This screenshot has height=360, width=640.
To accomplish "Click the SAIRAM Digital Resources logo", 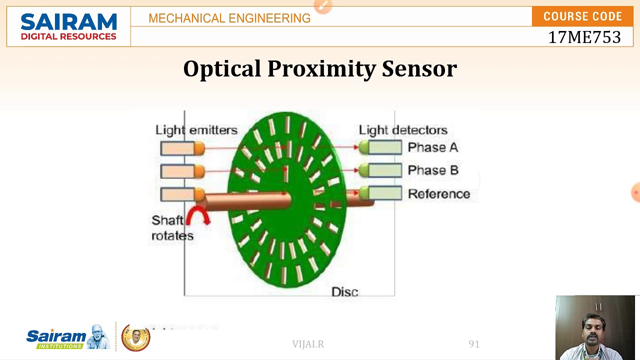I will pyautogui.click(x=68, y=27).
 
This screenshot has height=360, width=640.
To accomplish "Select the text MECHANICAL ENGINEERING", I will pyautogui.click(x=229, y=18).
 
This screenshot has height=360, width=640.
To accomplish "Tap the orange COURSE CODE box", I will pyautogui.click(x=582, y=16).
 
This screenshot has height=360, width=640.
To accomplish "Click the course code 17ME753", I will pyautogui.click(x=584, y=37).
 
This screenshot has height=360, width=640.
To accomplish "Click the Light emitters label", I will pyautogui.click(x=196, y=130).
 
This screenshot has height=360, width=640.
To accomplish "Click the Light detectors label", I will pyautogui.click(x=403, y=130).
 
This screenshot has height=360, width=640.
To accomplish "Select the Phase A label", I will pyautogui.click(x=432, y=147).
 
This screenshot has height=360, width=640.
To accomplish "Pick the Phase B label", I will pyautogui.click(x=433, y=170).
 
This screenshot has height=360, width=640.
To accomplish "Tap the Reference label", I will pyautogui.click(x=439, y=194).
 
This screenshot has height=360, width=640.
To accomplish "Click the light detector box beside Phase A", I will pyautogui.click(x=384, y=147).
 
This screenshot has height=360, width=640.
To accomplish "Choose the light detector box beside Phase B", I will pyautogui.click(x=384, y=170).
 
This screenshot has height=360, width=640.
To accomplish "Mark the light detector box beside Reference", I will pyautogui.click(x=384, y=193).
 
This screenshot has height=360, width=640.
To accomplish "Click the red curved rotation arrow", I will pyautogui.click(x=197, y=216).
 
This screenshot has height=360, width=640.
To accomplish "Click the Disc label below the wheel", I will pyautogui.click(x=344, y=292).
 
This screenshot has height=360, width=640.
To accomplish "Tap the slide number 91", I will pyautogui.click(x=474, y=344).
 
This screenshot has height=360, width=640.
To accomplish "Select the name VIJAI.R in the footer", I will pyautogui.click(x=308, y=344).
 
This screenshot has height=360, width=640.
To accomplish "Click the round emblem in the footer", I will pyautogui.click(x=136, y=338).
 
